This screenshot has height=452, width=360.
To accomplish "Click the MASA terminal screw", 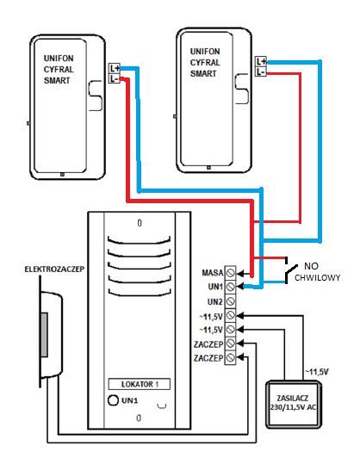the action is coord(230,272).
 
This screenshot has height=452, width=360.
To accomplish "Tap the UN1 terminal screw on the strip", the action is coord(230,287).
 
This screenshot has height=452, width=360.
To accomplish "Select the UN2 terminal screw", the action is coord(230,301).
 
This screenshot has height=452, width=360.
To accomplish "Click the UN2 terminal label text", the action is coord(215,302).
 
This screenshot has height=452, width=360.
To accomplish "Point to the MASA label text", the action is coord(213,273).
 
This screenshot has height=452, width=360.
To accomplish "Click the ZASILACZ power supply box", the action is coord(293,403).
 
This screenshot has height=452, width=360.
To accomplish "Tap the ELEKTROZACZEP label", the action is coord(54,269).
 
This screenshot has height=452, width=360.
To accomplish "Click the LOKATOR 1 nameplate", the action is coord(140,384).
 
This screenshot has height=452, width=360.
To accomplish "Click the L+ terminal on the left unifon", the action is coord(115,68).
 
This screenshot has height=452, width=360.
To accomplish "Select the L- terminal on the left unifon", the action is coord(115,78).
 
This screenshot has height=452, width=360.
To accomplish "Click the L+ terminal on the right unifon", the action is coord(261,61).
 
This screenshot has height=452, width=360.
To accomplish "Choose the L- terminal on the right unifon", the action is coord(261,71).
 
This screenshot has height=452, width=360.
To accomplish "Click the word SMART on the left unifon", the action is coord(57,80).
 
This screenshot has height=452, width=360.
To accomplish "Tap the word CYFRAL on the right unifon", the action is coord(205,63).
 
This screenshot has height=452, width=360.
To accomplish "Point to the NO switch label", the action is coord(311,266).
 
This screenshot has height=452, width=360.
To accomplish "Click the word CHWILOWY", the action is coord(317,278).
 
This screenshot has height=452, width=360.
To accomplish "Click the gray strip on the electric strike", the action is coord(44,335).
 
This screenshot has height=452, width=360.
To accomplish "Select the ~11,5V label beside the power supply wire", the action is coord(317,372).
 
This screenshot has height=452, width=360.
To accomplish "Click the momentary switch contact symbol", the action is coord(291,270).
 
